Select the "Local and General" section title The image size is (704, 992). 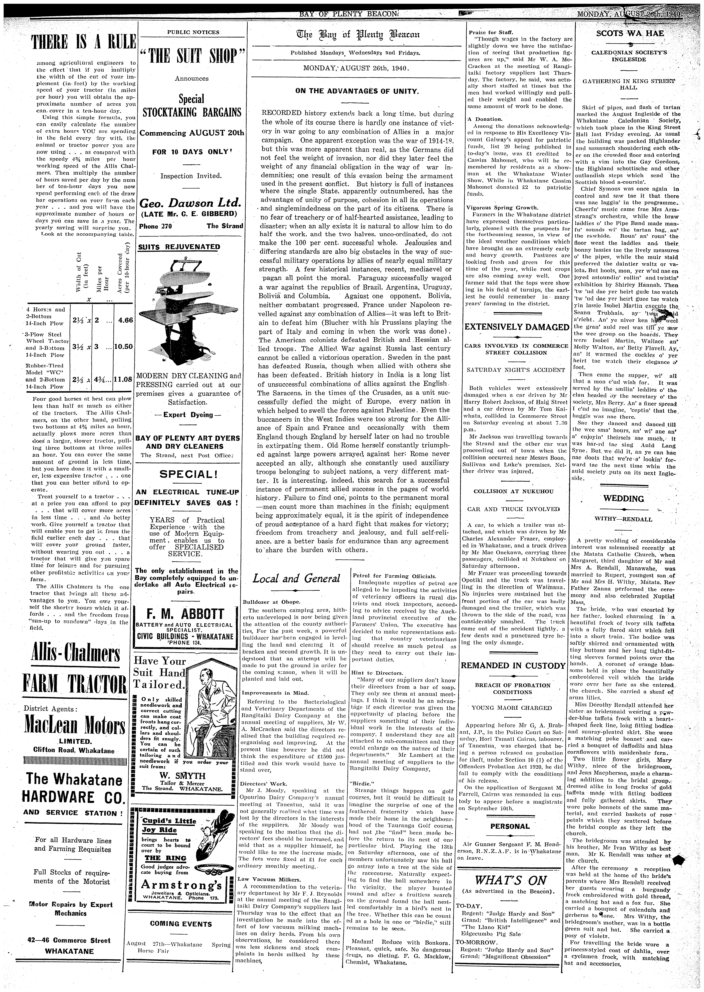[x=297, y=578]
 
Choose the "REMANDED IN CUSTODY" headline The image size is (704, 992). [x=513, y=666]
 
